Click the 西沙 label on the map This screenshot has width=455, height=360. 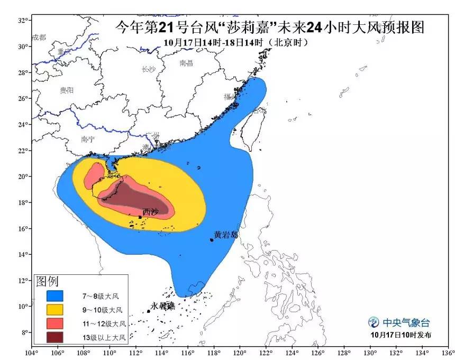[x=150, y=211]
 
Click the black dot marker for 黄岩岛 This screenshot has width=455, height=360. [x=212, y=240]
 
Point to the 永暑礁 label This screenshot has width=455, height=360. [x=162, y=306]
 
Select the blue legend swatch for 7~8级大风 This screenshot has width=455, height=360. [x=54, y=296]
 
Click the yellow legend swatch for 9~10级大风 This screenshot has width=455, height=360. [x=54, y=309]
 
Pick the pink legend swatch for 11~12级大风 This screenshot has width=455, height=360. [x=54, y=323]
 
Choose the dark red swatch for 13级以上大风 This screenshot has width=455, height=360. [x=54, y=337]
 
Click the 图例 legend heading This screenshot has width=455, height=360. [x=47, y=281]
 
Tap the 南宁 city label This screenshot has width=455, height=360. [x=88, y=140]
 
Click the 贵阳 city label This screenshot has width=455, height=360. [x=67, y=90]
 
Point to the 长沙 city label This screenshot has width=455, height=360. [x=149, y=69]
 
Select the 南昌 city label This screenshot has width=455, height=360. [x=186, y=63]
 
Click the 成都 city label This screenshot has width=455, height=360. [x=39, y=37]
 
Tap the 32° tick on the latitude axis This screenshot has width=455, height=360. [x=23, y=20]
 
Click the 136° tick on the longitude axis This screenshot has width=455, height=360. [x=448, y=353]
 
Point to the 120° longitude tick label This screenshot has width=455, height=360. [x=239, y=353]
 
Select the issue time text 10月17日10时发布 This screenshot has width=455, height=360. [x=401, y=335]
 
